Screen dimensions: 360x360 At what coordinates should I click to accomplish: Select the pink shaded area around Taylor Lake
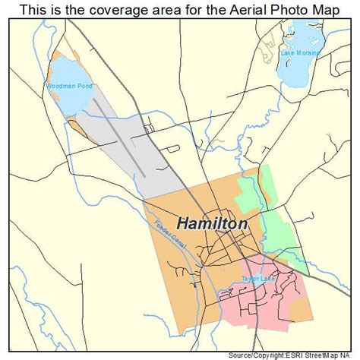[x=281, y=304]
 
